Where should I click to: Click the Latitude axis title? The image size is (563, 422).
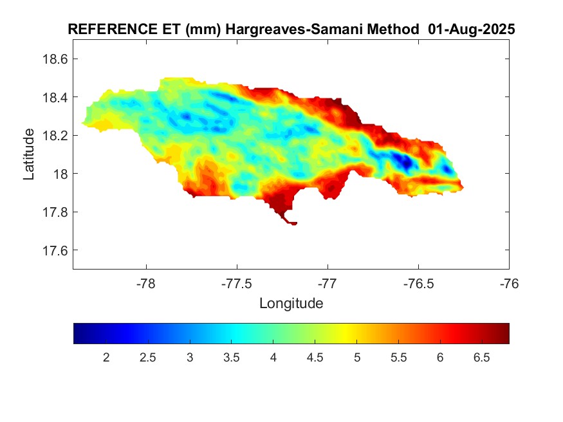pyautogui.click(x=29, y=154)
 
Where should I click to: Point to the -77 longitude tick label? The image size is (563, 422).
pyautogui.click(x=328, y=283)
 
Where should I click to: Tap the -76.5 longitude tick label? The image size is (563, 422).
pyautogui.click(x=418, y=283)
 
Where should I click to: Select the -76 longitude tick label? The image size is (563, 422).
pyautogui.click(x=509, y=283)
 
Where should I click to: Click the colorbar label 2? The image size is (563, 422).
pyautogui.click(x=106, y=357)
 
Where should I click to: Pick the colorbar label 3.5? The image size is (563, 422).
pyautogui.click(x=232, y=357)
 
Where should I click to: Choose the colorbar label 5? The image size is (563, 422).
pyautogui.click(x=357, y=357)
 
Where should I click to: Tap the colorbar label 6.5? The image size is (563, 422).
pyautogui.click(x=482, y=357)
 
